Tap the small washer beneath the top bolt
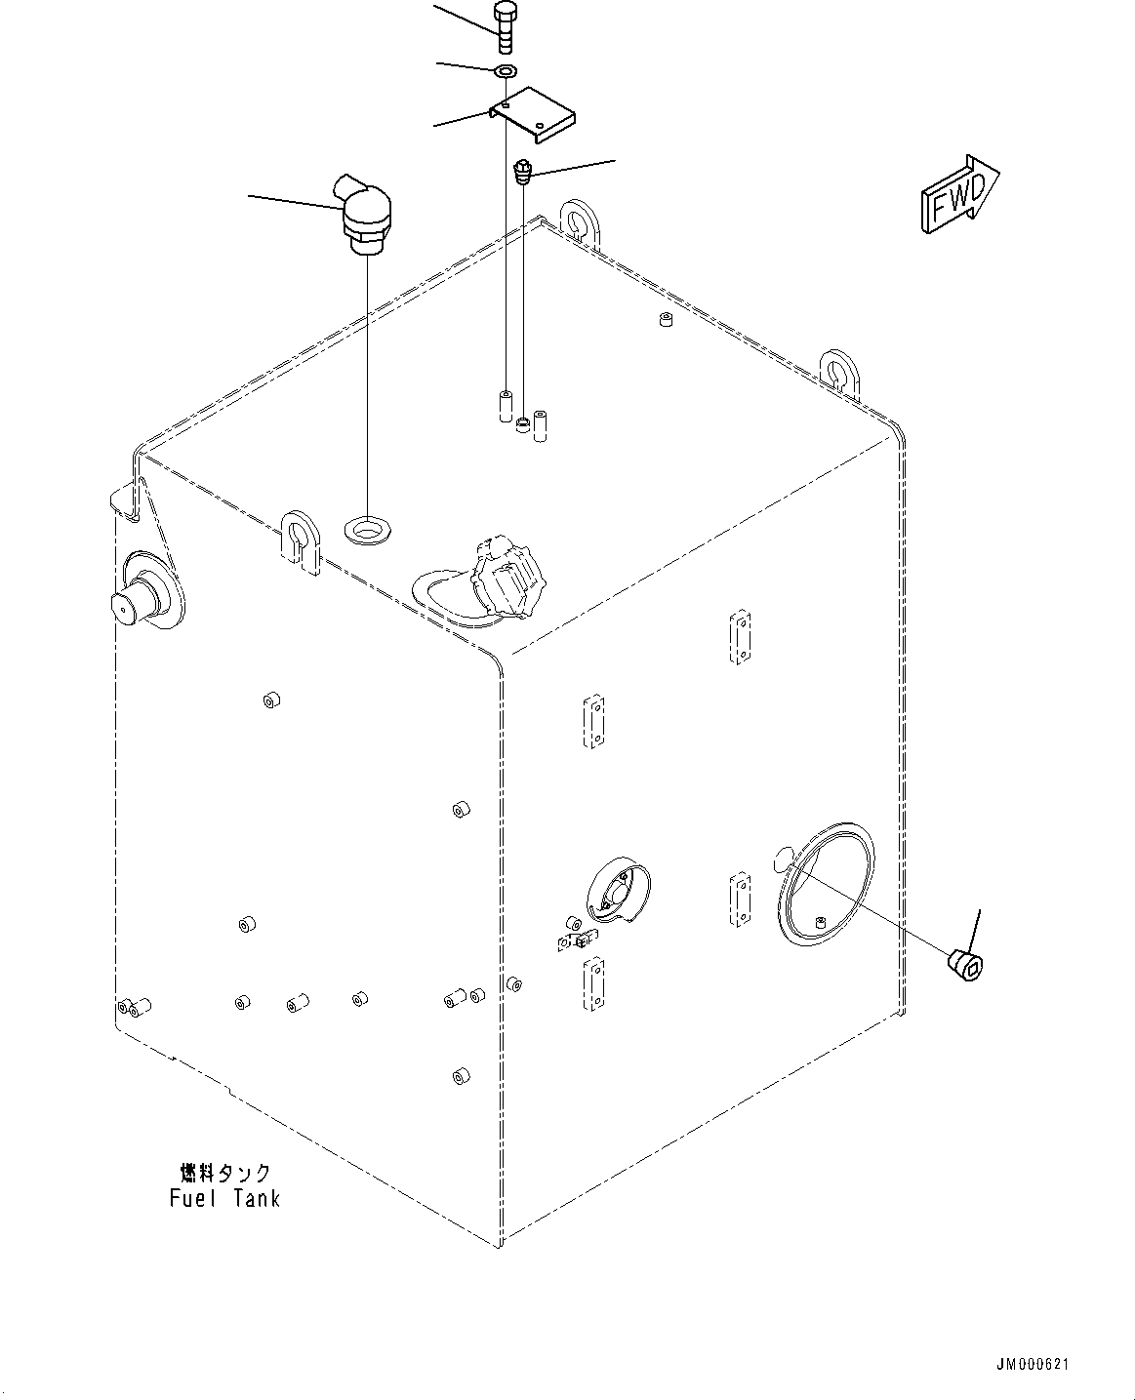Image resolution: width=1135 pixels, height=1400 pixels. click(506, 71)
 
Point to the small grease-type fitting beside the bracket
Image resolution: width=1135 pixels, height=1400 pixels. click(523, 174)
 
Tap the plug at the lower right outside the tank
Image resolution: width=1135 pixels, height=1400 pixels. click(967, 965)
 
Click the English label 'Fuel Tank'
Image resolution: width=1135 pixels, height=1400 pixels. click(224, 1198)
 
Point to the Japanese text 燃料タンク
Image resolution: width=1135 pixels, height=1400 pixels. click(224, 1173)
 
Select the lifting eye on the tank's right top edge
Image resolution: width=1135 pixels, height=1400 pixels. click(837, 371)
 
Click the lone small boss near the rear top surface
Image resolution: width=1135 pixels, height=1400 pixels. click(665, 320)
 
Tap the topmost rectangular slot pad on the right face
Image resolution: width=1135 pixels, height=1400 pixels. click(741, 637)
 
